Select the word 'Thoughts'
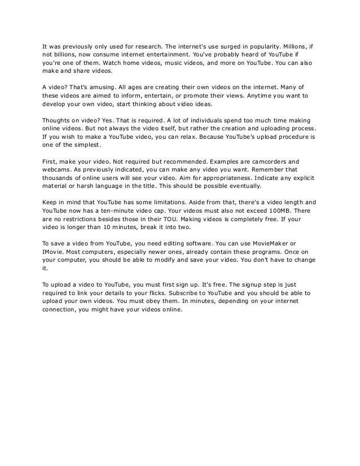point(56,121)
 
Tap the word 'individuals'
point(187,121)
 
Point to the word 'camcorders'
point(259,162)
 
